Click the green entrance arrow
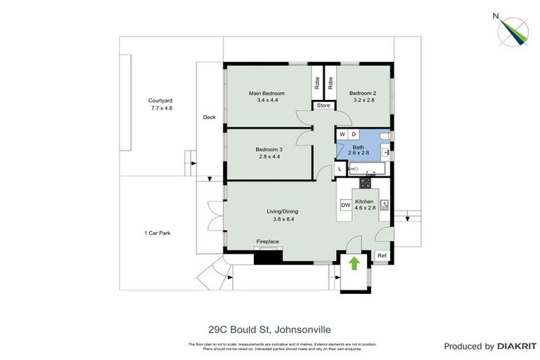point(354,263)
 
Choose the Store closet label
point(323,105)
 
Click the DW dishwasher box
point(345,205)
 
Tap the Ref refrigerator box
point(382,255)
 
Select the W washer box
point(342,134)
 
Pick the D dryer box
point(354,134)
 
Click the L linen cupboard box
point(340,169)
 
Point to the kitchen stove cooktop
point(365,183)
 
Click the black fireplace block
point(267,256)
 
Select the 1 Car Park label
point(158,232)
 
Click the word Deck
point(209,117)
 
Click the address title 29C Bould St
point(270,329)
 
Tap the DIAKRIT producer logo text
point(517,346)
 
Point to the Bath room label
point(358,147)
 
